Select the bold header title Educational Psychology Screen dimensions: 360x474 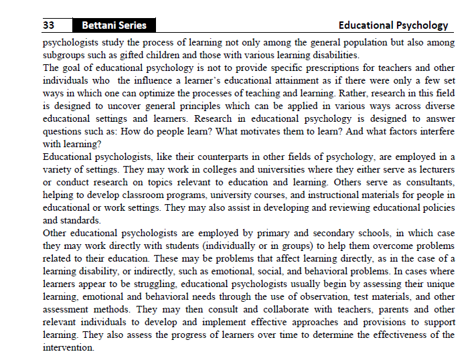[x=393, y=25]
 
